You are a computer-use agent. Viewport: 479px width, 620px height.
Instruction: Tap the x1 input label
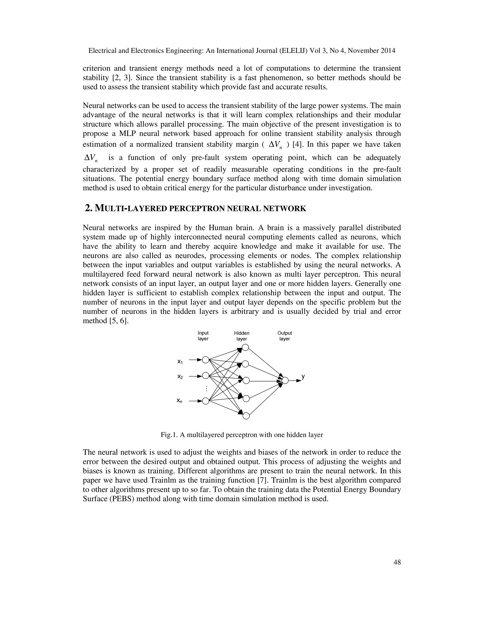pyautogui.click(x=180, y=362)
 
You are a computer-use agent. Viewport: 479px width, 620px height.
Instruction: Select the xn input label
pyautogui.click(x=179, y=401)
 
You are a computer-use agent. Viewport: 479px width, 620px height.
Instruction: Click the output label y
pyautogui.click(x=303, y=376)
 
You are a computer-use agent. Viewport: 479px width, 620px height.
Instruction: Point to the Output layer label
pyautogui.click(x=284, y=336)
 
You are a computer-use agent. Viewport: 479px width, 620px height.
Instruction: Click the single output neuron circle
pyautogui.click(x=285, y=380)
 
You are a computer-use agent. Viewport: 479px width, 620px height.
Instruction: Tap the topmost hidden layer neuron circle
pyautogui.click(x=245, y=347)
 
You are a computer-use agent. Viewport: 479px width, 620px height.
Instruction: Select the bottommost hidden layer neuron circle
pyautogui.click(x=246, y=416)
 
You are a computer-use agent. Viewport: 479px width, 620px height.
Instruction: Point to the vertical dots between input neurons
pyautogui.click(x=207, y=389)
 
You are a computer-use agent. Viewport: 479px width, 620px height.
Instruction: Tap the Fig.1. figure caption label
pyautogui.click(x=169, y=435)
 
